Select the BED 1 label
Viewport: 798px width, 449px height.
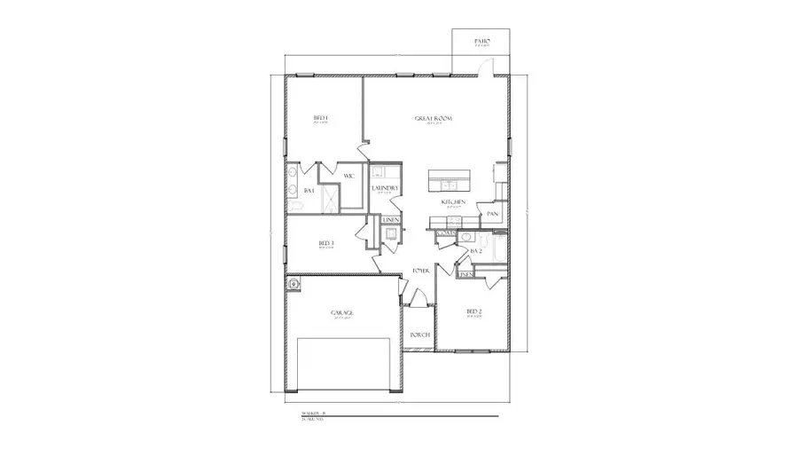point(321,119)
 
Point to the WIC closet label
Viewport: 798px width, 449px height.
point(349,175)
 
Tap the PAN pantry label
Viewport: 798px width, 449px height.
point(492,214)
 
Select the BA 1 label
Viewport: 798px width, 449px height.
point(309,191)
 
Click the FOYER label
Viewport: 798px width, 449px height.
point(421,270)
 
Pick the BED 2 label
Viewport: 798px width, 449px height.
point(474,311)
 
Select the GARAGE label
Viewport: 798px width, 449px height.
point(342,313)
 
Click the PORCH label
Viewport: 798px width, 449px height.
point(419,335)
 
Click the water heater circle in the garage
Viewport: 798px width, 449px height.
point(293,284)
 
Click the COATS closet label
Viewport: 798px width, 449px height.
point(445,232)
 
